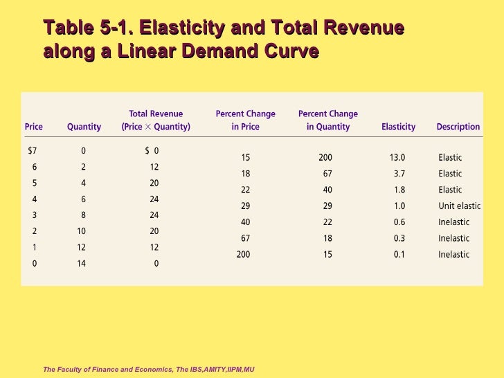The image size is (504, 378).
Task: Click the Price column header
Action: [33, 127]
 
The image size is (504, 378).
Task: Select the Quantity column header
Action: [84, 127]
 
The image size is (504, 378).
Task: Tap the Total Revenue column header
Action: [156, 120]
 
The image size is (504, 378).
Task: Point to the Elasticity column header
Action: [398, 127]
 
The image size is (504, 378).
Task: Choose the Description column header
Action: [458, 127]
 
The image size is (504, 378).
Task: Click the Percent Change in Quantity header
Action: [327, 120]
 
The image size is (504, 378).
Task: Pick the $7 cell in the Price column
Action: [32, 150]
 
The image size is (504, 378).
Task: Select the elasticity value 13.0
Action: [397, 157]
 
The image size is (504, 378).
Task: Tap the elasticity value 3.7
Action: [398, 174]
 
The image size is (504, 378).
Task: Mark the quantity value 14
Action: [81, 263]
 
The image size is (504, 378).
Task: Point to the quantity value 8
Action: [83, 215]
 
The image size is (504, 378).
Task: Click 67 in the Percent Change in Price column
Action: [245, 238]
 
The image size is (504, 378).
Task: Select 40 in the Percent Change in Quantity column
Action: [327, 190]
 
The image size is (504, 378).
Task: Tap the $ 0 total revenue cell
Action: [152, 150]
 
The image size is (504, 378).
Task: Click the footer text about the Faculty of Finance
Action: [149, 369]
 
